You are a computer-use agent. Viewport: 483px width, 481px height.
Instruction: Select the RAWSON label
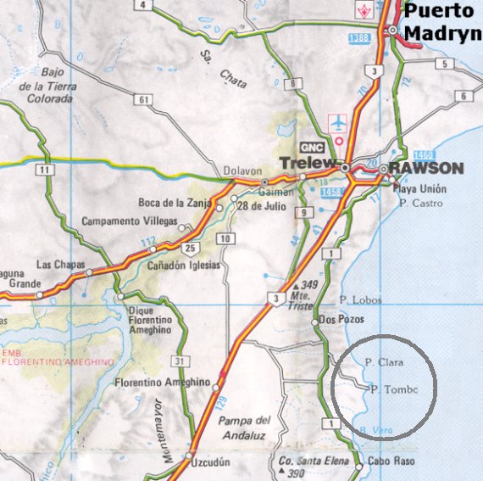click(x=427, y=168)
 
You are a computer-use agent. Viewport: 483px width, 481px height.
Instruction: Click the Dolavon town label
click(x=239, y=169)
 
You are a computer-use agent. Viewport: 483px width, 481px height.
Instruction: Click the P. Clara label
click(x=384, y=361)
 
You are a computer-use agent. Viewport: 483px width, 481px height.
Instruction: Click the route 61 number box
click(x=147, y=100)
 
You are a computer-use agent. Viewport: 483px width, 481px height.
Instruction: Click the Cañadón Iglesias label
click(x=183, y=265)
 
